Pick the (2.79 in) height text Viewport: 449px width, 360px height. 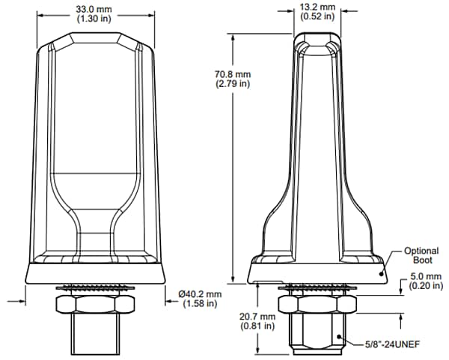(x=213, y=84)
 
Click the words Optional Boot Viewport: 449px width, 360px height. (x=421, y=256)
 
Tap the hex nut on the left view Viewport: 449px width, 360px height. (x=96, y=305)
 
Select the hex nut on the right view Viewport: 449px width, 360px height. (x=318, y=305)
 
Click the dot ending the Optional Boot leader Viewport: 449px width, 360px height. (x=382, y=274)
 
